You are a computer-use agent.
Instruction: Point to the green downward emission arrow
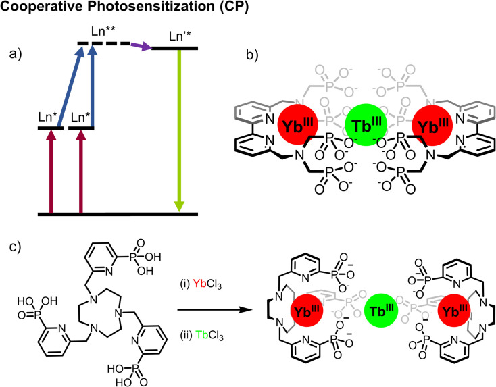pos(178,128)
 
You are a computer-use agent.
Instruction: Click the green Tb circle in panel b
pos(365,126)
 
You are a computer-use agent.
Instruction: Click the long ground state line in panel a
pos(118,214)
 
